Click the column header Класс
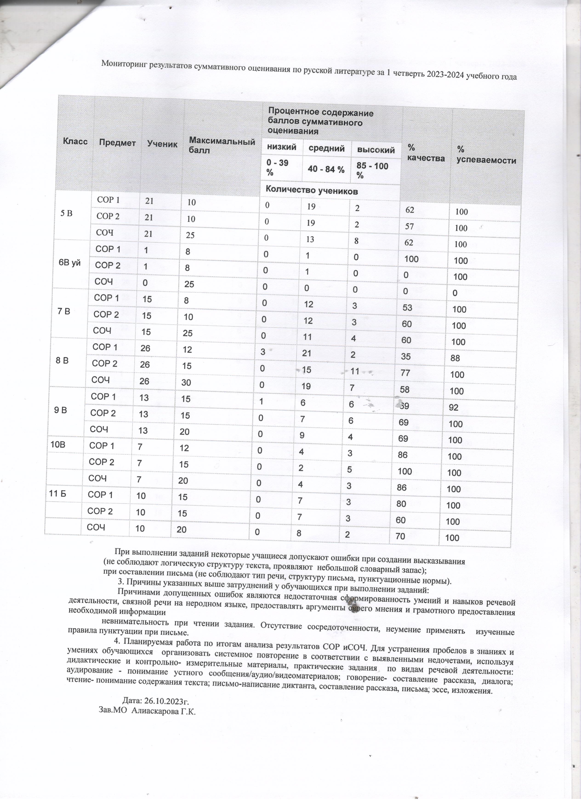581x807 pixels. [75, 142]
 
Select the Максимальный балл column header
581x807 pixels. [222, 145]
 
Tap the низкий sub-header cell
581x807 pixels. [282, 147]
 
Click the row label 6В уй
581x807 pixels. [70, 263]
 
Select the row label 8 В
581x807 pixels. [62, 360]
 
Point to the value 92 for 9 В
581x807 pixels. [453, 408]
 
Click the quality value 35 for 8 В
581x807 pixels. [406, 356]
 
